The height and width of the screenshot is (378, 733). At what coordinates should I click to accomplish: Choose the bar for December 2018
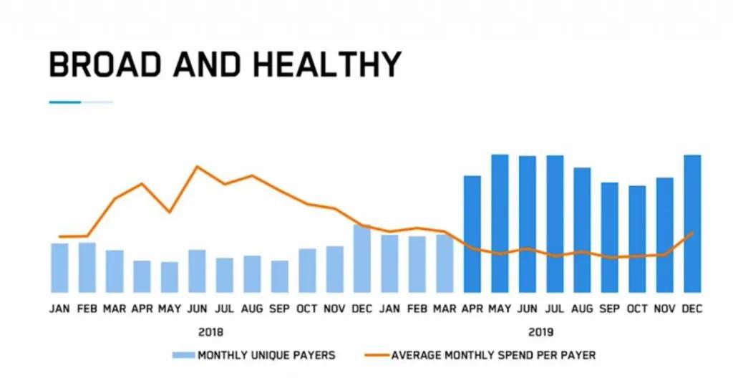pos(362,258)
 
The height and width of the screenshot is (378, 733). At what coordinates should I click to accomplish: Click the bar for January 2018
pos(60,268)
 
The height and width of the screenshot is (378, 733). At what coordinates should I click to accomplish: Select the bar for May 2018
pos(170,277)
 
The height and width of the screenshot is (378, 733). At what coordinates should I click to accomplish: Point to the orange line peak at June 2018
pos(197,167)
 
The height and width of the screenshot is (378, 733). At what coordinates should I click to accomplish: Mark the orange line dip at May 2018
pos(169,212)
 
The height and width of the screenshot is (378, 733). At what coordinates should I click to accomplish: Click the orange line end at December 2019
pos(692,232)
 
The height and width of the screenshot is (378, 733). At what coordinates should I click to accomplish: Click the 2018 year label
pos(210,332)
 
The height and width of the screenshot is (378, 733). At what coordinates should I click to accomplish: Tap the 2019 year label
pos(541,332)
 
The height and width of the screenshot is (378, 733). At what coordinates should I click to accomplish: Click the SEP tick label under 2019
pos(610,309)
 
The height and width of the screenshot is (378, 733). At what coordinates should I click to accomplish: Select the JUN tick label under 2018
pos(197,309)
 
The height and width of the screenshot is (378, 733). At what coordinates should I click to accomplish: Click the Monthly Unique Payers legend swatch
pos(183,355)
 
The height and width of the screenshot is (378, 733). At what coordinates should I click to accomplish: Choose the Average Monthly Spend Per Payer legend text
pos(493,355)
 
